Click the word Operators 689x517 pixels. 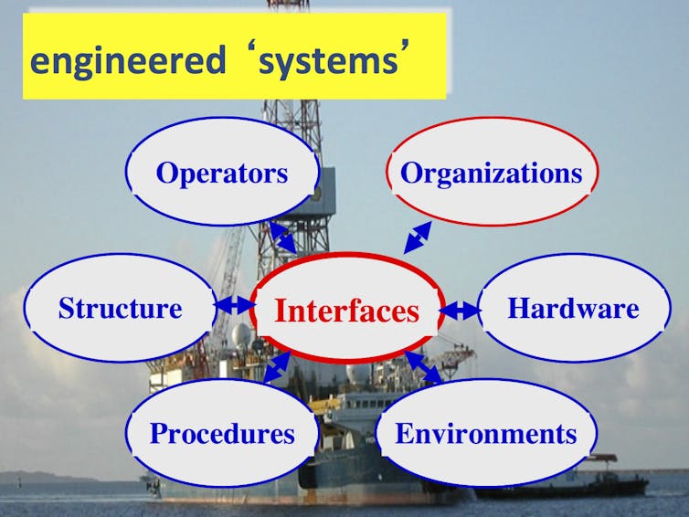[x=222, y=174]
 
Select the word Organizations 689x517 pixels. [x=492, y=174]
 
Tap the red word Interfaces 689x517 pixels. [x=346, y=311]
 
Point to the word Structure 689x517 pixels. [x=120, y=308]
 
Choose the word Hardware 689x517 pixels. [x=574, y=308]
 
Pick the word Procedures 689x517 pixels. [x=222, y=434]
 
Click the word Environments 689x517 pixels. [x=486, y=434]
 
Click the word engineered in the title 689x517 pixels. [x=128, y=60]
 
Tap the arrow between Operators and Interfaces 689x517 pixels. [x=282, y=237]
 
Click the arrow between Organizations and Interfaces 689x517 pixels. [x=418, y=237]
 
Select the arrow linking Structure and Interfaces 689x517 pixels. [x=235, y=304]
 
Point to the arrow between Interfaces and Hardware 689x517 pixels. [x=460, y=311]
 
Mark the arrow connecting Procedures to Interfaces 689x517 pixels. [x=277, y=367]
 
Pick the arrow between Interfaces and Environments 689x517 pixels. [x=423, y=367]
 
